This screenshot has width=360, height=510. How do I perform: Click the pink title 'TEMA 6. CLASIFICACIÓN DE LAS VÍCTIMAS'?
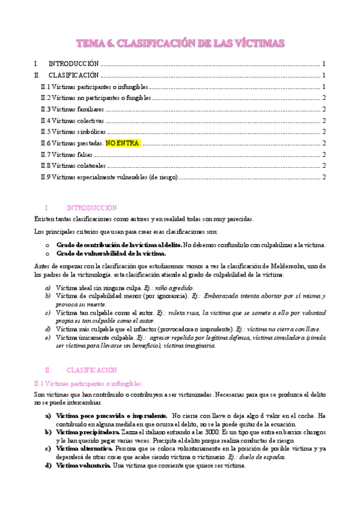coord(180,43)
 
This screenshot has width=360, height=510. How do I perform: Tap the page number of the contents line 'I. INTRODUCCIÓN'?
coord(324,64)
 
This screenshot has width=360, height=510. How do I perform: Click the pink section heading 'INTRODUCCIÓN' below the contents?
coord(91,207)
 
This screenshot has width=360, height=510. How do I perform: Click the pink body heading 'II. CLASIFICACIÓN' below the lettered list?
coord(91,370)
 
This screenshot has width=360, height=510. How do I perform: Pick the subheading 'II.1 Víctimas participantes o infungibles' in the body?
coord(87,382)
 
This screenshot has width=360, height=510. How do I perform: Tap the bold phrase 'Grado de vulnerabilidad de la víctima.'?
coord(111,253)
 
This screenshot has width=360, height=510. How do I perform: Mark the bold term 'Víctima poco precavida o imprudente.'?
coord(111,416)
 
